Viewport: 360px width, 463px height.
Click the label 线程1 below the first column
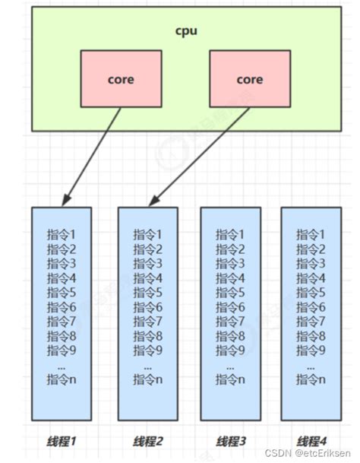(x=62, y=441)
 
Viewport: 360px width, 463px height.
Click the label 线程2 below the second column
(x=148, y=441)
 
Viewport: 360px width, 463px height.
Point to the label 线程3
(x=231, y=441)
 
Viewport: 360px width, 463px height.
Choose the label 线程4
(x=311, y=441)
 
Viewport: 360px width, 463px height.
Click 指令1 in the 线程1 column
(x=62, y=234)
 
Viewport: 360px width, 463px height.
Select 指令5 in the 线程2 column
(x=148, y=292)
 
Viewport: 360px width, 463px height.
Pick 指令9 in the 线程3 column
(x=231, y=350)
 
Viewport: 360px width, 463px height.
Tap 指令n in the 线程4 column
(x=311, y=379)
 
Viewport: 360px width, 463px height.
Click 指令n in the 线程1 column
(x=62, y=379)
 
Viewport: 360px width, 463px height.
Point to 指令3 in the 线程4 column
(x=311, y=263)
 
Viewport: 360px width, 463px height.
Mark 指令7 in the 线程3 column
(x=231, y=321)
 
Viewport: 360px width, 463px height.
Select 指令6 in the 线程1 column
(x=62, y=306)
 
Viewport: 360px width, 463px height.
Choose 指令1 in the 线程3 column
(x=231, y=234)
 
